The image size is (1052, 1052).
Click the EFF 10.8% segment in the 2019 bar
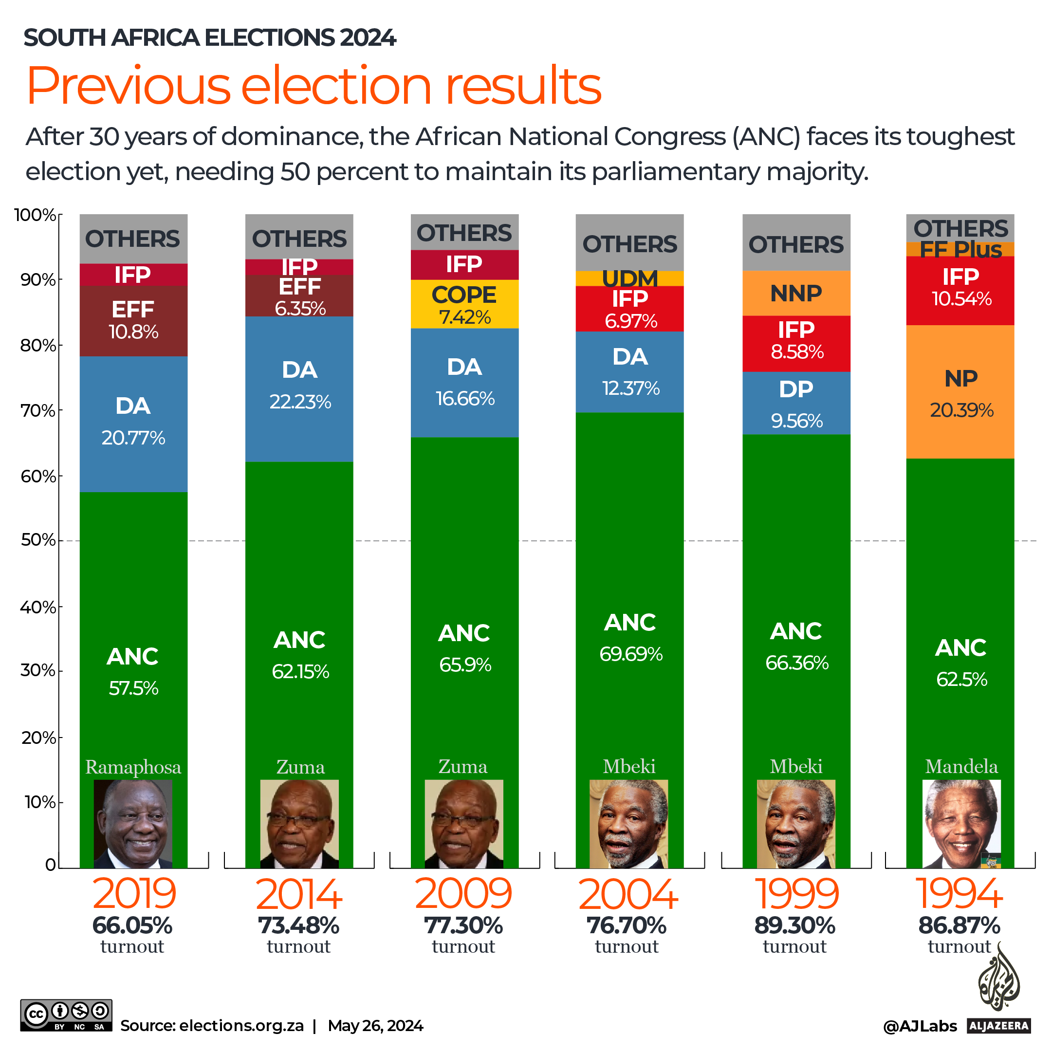pyautogui.click(x=133, y=321)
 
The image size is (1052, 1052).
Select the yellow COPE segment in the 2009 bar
pyautogui.click(x=464, y=304)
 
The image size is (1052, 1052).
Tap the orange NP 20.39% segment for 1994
pyautogui.click(x=960, y=392)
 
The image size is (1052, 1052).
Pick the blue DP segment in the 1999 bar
pyautogui.click(x=796, y=403)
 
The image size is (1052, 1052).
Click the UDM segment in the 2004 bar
pyautogui.click(x=629, y=278)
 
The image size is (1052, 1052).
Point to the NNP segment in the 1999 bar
pyautogui.click(x=796, y=294)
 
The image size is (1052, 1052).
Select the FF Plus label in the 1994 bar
pyautogui.click(x=960, y=249)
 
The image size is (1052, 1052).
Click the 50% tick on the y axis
pyautogui.click(x=38, y=540)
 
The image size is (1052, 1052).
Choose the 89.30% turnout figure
pyautogui.click(x=794, y=926)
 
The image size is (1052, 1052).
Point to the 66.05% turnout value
pyautogui.click(x=132, y=926)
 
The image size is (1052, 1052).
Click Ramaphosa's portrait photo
pyautogui.click(x=133, y=823)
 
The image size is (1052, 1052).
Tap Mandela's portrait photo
pyautogui.click(x=961, y=823)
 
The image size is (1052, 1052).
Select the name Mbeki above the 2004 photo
pyautogui.click(x=629, y=767)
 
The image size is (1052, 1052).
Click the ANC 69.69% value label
pyautogui.click(x=630, y=654)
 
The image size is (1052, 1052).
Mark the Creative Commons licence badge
pyautogui.click(x=66, y=1015)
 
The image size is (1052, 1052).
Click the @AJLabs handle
pyautogui.click(x=920, y=1026)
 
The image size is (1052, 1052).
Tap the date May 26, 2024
pyautogui.click(x=375, y=1026)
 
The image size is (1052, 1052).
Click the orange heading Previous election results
pyautogui.click(x=314, y=86)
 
